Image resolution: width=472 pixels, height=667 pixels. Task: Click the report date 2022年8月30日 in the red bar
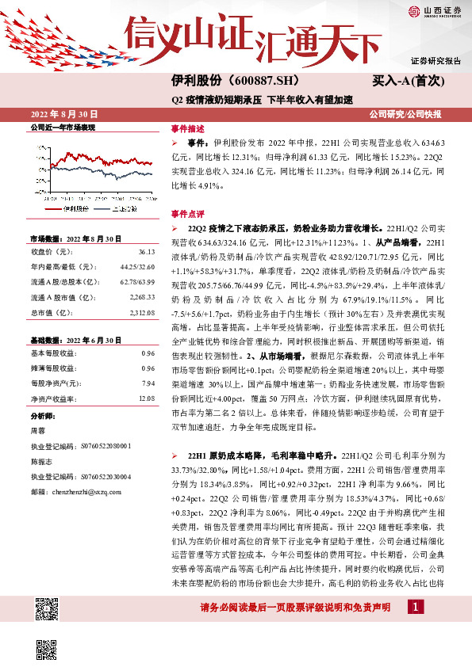pyautogui.click(x=63, y=112)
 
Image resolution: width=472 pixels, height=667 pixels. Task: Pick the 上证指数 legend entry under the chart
pyautogui.click(x=125, y=208)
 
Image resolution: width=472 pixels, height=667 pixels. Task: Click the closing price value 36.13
pyautogui.click(x=145, y=252)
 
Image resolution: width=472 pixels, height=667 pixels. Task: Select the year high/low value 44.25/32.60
pyautogui.click(x=138, y=267)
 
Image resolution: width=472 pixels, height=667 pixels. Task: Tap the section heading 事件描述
pyautogui.click(x=187, y=128)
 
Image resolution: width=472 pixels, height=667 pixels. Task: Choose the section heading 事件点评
pyautogui.click(x=187, y=214)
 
